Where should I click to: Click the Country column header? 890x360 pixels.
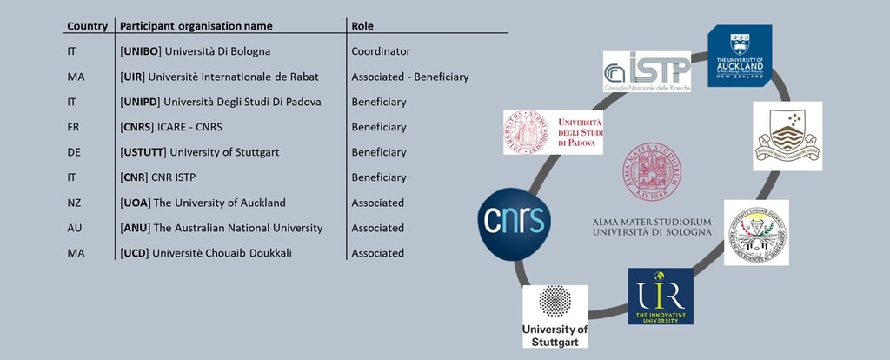86,26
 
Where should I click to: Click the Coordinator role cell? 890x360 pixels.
381,51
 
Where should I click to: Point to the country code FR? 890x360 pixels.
73,127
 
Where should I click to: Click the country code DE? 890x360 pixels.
74,152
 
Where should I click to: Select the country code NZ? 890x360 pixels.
74,203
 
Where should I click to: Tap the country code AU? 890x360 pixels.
74,228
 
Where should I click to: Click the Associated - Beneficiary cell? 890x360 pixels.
409,77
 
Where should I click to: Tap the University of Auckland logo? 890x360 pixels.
740,56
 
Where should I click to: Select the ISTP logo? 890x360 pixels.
648,71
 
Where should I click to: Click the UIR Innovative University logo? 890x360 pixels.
661,296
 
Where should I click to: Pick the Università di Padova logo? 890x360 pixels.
553,132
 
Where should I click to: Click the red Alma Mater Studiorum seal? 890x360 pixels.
653,172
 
